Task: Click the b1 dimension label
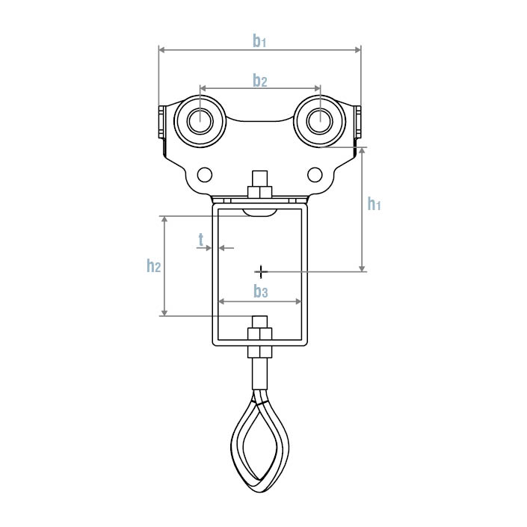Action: (x=259, y=42)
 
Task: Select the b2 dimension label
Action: (x=259, y=81)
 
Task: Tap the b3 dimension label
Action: (x=259, y=291)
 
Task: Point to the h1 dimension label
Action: (x=374, y=203)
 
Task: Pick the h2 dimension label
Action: (x=154, y=265)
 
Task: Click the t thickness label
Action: (x=201, y=240)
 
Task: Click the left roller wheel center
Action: (x=200, y=120)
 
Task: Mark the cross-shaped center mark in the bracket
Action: (x=260, y=270)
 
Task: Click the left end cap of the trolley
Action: (x=161, y=123)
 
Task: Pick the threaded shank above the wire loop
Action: (x=259, y=374)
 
